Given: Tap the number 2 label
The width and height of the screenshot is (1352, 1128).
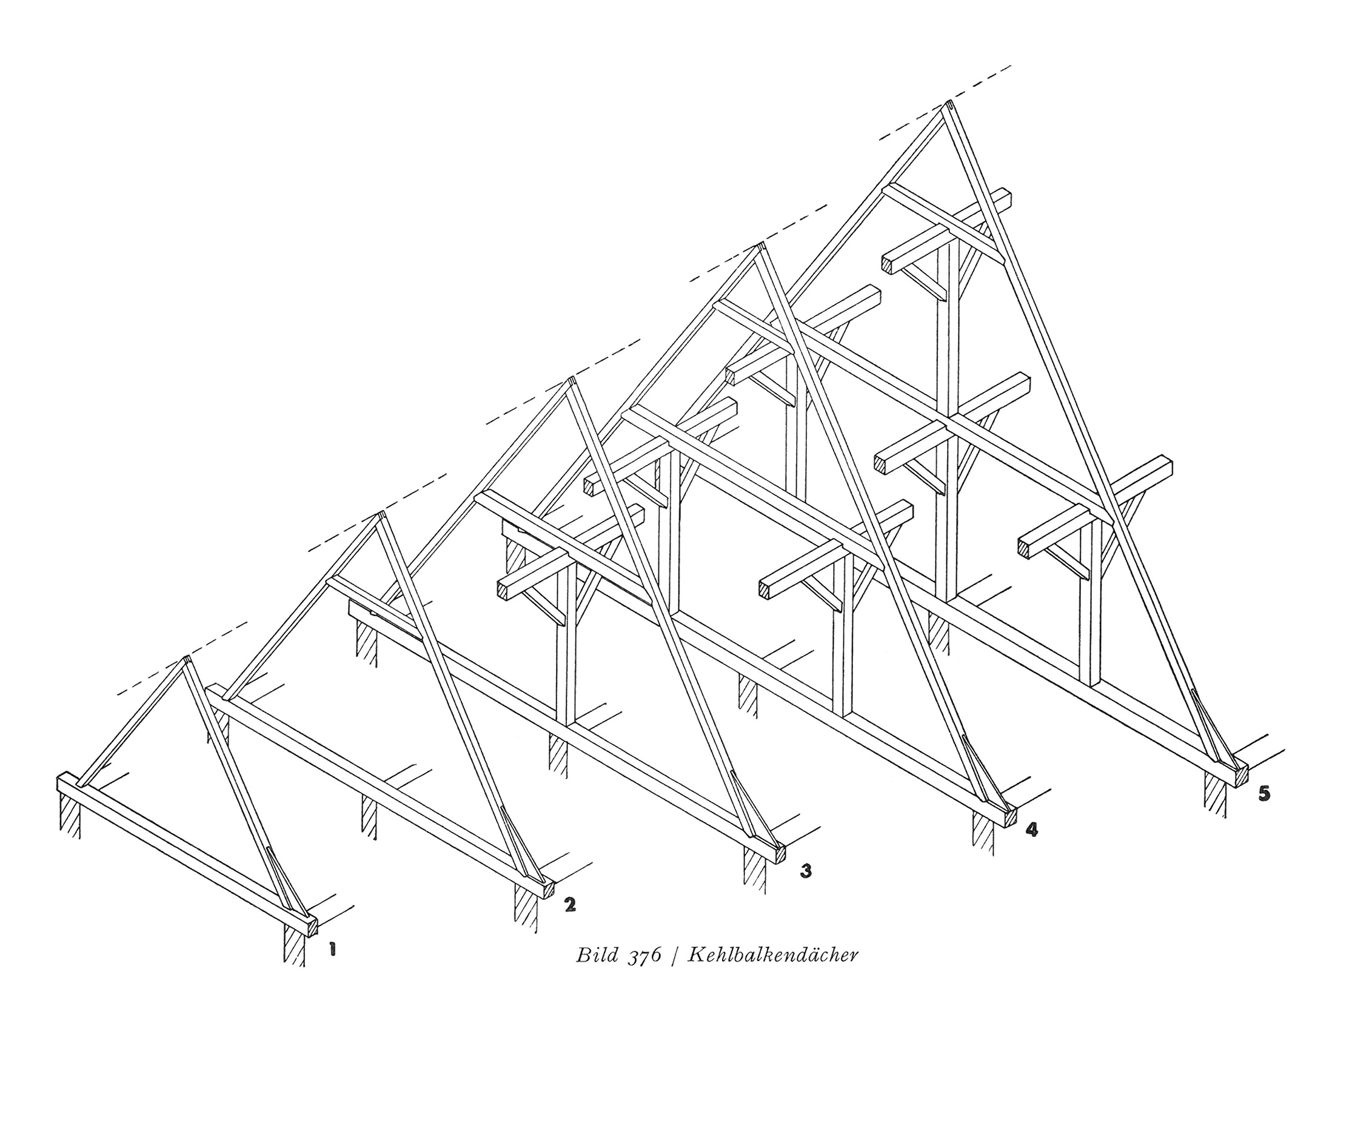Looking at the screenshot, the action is (x=569, y=905).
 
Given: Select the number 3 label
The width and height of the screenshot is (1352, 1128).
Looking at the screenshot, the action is (x=805, y=871).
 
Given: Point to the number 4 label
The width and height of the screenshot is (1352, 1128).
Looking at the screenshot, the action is (x=1031, y=830).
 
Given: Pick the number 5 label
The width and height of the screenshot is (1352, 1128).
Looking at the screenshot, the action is (x=1264, y=794).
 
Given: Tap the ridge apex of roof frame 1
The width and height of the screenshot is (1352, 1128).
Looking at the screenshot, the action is (x=187, y=659).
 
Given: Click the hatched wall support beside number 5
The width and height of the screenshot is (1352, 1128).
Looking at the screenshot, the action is (x=1216, y=793).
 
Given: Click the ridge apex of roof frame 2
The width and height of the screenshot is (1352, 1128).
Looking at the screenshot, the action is (x=381, y=515).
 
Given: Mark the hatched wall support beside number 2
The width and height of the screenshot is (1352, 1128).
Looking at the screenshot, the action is (x=526, y=909).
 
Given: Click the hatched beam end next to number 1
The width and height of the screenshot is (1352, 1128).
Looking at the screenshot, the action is (x=312, y=927).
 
